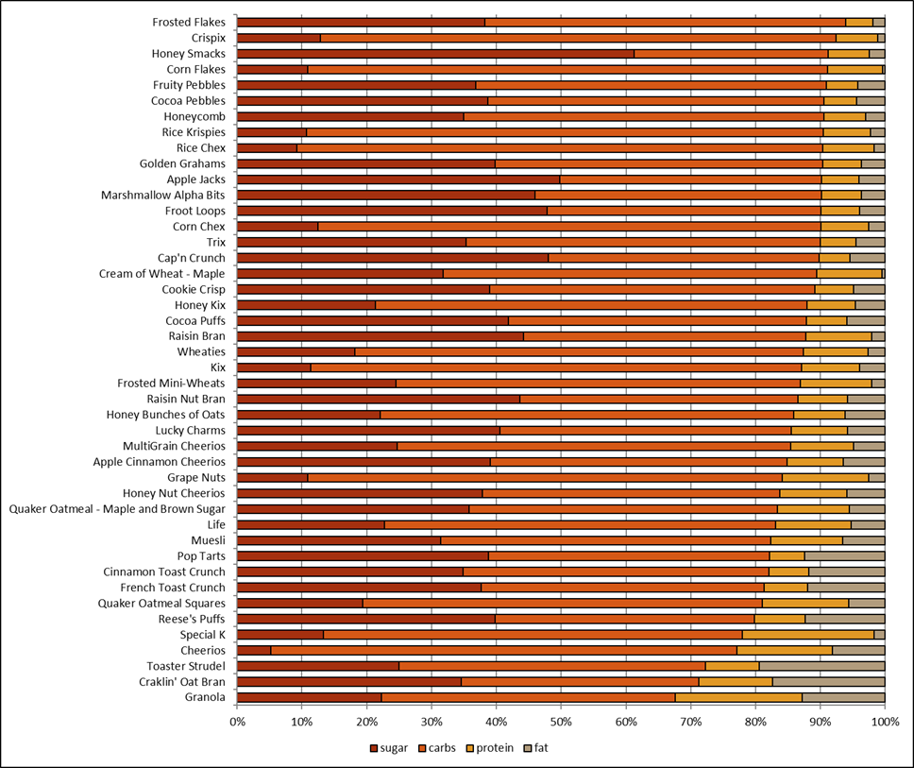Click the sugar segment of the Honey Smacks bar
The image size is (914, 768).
(x=435, y=54)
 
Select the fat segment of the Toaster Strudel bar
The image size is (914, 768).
(x=821, y=666)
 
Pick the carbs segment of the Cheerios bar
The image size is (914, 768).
(x=503, y=650)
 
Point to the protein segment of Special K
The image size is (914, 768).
(x=808, y=635)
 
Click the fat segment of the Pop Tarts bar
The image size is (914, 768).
(x=845, y=556)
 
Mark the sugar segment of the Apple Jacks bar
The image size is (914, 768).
(x=398, y=179)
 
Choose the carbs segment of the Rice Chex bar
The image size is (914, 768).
(x=560, y=148)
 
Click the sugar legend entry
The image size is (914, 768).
(x=389, y=748)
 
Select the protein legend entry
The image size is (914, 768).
(x=490, y=748)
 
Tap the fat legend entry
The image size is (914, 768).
(x=536, y=748)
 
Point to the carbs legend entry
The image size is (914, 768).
(x=437, y=748)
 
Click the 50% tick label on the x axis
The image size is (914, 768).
(x=561, y=722)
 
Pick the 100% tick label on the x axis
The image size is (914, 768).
(x=885, y=722)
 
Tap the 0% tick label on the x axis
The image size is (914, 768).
(x=237, y=722)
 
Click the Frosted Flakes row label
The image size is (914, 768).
(x=189, y=22)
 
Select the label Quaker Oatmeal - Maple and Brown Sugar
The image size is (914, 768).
(x=117, y=509)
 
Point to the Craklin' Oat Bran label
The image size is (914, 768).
(x=182, y=682)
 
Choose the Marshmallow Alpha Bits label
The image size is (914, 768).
(x=163, y=196)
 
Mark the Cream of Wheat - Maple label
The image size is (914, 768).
(x=162, y=274)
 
